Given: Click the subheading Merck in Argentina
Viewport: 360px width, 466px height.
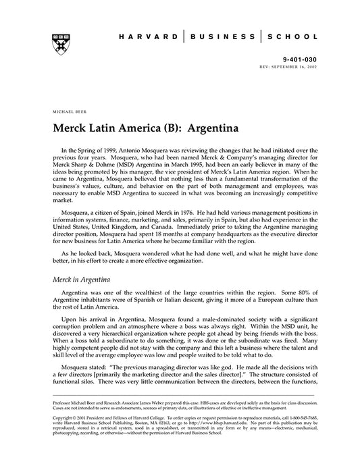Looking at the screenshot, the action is pos(85,278).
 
